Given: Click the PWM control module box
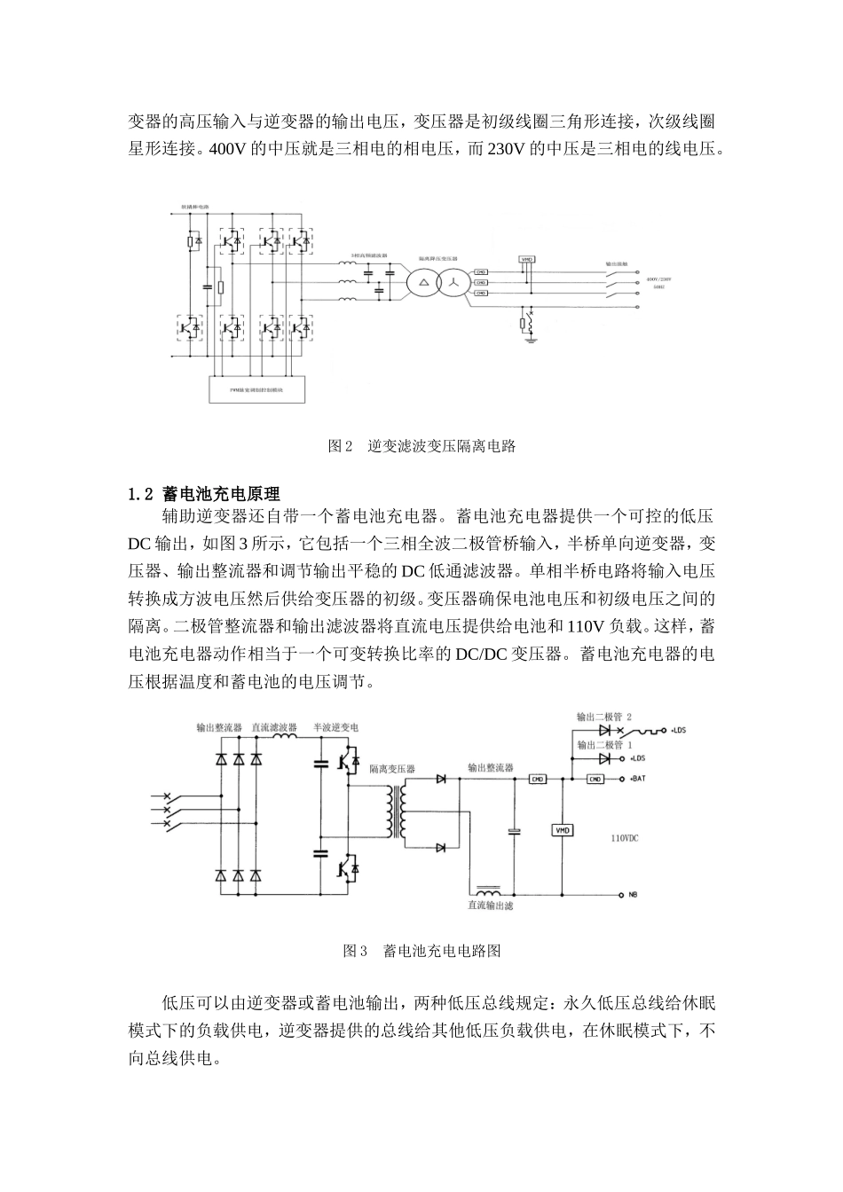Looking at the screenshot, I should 256,389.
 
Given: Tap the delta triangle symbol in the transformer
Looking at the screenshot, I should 423,282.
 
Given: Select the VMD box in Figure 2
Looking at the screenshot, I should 526,259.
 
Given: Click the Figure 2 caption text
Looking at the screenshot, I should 421,446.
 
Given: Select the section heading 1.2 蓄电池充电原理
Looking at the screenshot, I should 204,493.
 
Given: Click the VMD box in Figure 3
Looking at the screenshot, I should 563,830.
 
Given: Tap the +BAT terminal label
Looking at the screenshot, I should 640,780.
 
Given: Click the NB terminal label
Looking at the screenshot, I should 634,894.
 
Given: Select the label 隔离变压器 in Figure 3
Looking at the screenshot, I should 392,769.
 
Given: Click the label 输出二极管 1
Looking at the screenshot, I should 604,745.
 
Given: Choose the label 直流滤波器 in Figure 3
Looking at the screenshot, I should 274,727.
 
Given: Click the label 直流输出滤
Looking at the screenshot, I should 491,906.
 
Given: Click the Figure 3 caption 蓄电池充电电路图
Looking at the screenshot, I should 421,951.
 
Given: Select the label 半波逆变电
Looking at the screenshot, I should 335,727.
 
